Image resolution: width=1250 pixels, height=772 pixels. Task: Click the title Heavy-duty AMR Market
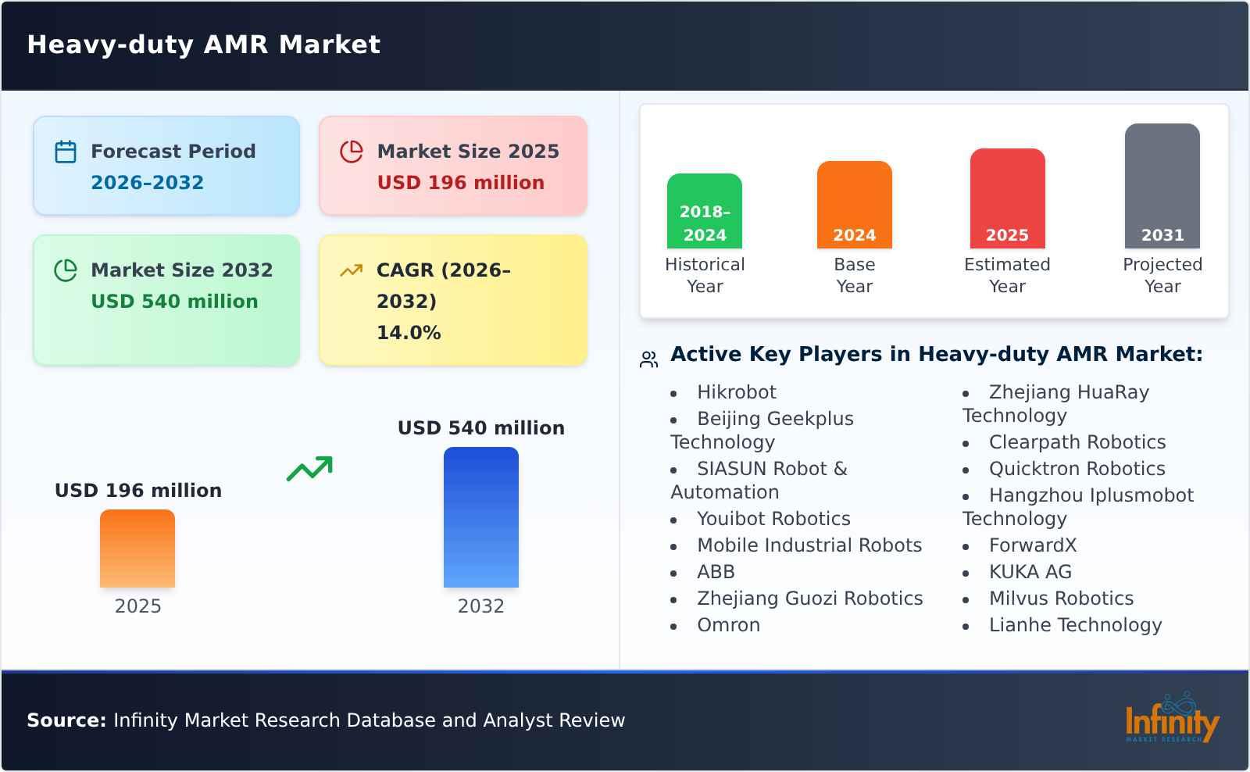[203, 45]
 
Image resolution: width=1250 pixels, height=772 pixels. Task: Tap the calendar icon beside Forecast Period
[66, 152]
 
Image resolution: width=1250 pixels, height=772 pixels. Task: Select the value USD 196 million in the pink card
[460, 183]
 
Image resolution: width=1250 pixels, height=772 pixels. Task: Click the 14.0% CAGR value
[408, 333]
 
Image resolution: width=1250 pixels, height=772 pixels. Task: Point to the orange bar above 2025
[137, 549]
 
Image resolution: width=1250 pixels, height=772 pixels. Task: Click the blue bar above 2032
[480, 517]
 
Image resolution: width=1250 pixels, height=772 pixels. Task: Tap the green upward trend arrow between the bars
[309, 469]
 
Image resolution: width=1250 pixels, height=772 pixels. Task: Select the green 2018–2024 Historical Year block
[704, 211]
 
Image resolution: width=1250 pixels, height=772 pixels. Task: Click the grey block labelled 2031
[1162, 186]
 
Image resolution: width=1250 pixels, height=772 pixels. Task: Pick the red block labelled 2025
[1007, 198]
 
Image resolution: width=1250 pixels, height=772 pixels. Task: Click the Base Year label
[854, 275]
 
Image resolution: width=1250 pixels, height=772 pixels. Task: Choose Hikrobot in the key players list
[736, 392]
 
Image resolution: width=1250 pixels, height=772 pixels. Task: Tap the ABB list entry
[716, 572]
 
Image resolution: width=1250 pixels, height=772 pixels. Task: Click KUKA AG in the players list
[1030, 572]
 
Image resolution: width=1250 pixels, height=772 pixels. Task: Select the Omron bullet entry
[728, 625]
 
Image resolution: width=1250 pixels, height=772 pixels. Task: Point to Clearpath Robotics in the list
[1077, 442]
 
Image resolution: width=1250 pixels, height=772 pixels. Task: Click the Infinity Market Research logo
[1171, 719]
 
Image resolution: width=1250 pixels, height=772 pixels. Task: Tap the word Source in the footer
[66, 720]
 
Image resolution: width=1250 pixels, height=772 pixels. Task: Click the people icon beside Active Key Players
[649, 359]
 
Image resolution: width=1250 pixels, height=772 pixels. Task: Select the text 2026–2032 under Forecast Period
[147, 183]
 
